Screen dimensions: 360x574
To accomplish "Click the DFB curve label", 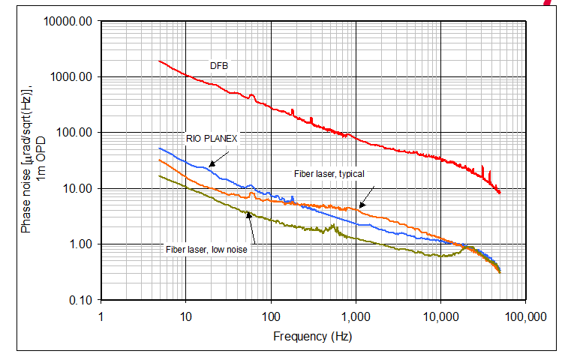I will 219,66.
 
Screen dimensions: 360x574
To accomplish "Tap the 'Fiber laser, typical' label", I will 329,174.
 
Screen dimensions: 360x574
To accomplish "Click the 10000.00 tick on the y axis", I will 69,21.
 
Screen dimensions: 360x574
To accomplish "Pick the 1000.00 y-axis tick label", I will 71,76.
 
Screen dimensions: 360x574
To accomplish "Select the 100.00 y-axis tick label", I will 74,133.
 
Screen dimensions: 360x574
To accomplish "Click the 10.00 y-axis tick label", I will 76,188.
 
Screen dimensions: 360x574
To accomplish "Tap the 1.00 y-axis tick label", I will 78,244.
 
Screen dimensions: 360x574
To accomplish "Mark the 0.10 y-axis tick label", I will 78,300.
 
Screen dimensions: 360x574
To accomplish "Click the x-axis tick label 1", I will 101,316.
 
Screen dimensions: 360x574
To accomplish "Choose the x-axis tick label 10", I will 185,316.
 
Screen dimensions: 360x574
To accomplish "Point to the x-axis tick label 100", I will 270,316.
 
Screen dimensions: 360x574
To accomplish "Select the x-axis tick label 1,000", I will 355,316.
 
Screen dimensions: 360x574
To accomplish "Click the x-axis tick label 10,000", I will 440,316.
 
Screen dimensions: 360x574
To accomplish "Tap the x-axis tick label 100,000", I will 524,316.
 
